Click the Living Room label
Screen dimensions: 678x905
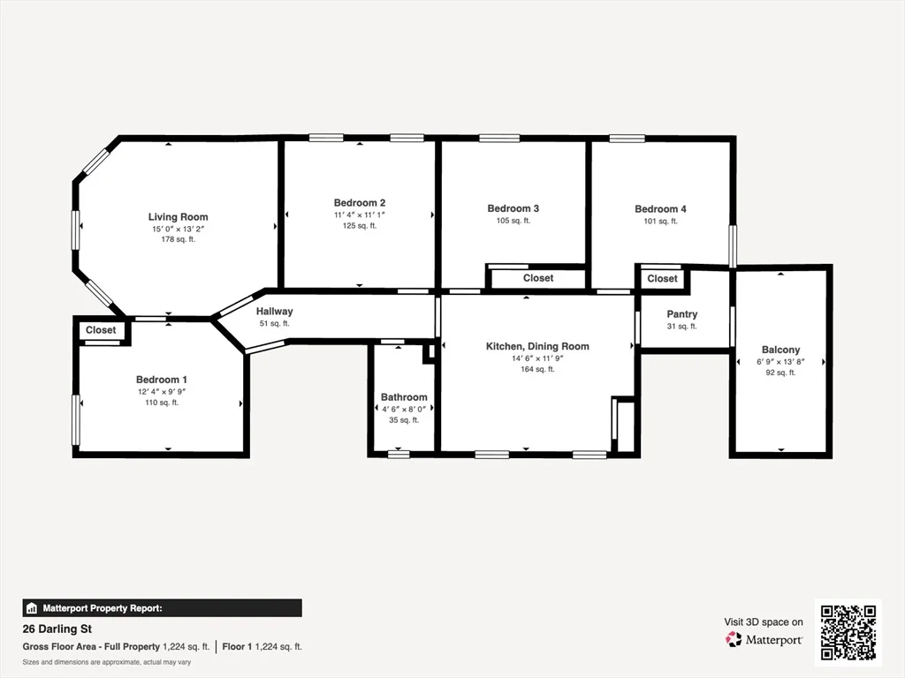178,217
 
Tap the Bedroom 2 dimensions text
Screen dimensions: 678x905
360,215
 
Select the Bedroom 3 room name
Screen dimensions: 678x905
513,209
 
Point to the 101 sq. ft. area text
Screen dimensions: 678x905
660,222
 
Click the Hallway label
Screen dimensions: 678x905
274,312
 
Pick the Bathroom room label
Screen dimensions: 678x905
404,397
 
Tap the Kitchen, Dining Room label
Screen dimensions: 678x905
537,347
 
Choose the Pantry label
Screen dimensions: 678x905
681,314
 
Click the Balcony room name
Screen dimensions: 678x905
780,350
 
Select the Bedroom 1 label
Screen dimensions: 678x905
161,380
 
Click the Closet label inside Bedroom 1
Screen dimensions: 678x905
101,330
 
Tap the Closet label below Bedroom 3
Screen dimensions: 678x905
538,278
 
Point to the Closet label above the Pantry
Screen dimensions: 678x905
662,279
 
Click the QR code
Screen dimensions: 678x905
848,631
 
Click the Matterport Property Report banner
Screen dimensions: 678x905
162,608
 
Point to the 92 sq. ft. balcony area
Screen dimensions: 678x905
780,373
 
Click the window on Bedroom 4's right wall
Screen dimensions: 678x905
732,245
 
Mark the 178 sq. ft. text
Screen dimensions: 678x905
178,239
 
